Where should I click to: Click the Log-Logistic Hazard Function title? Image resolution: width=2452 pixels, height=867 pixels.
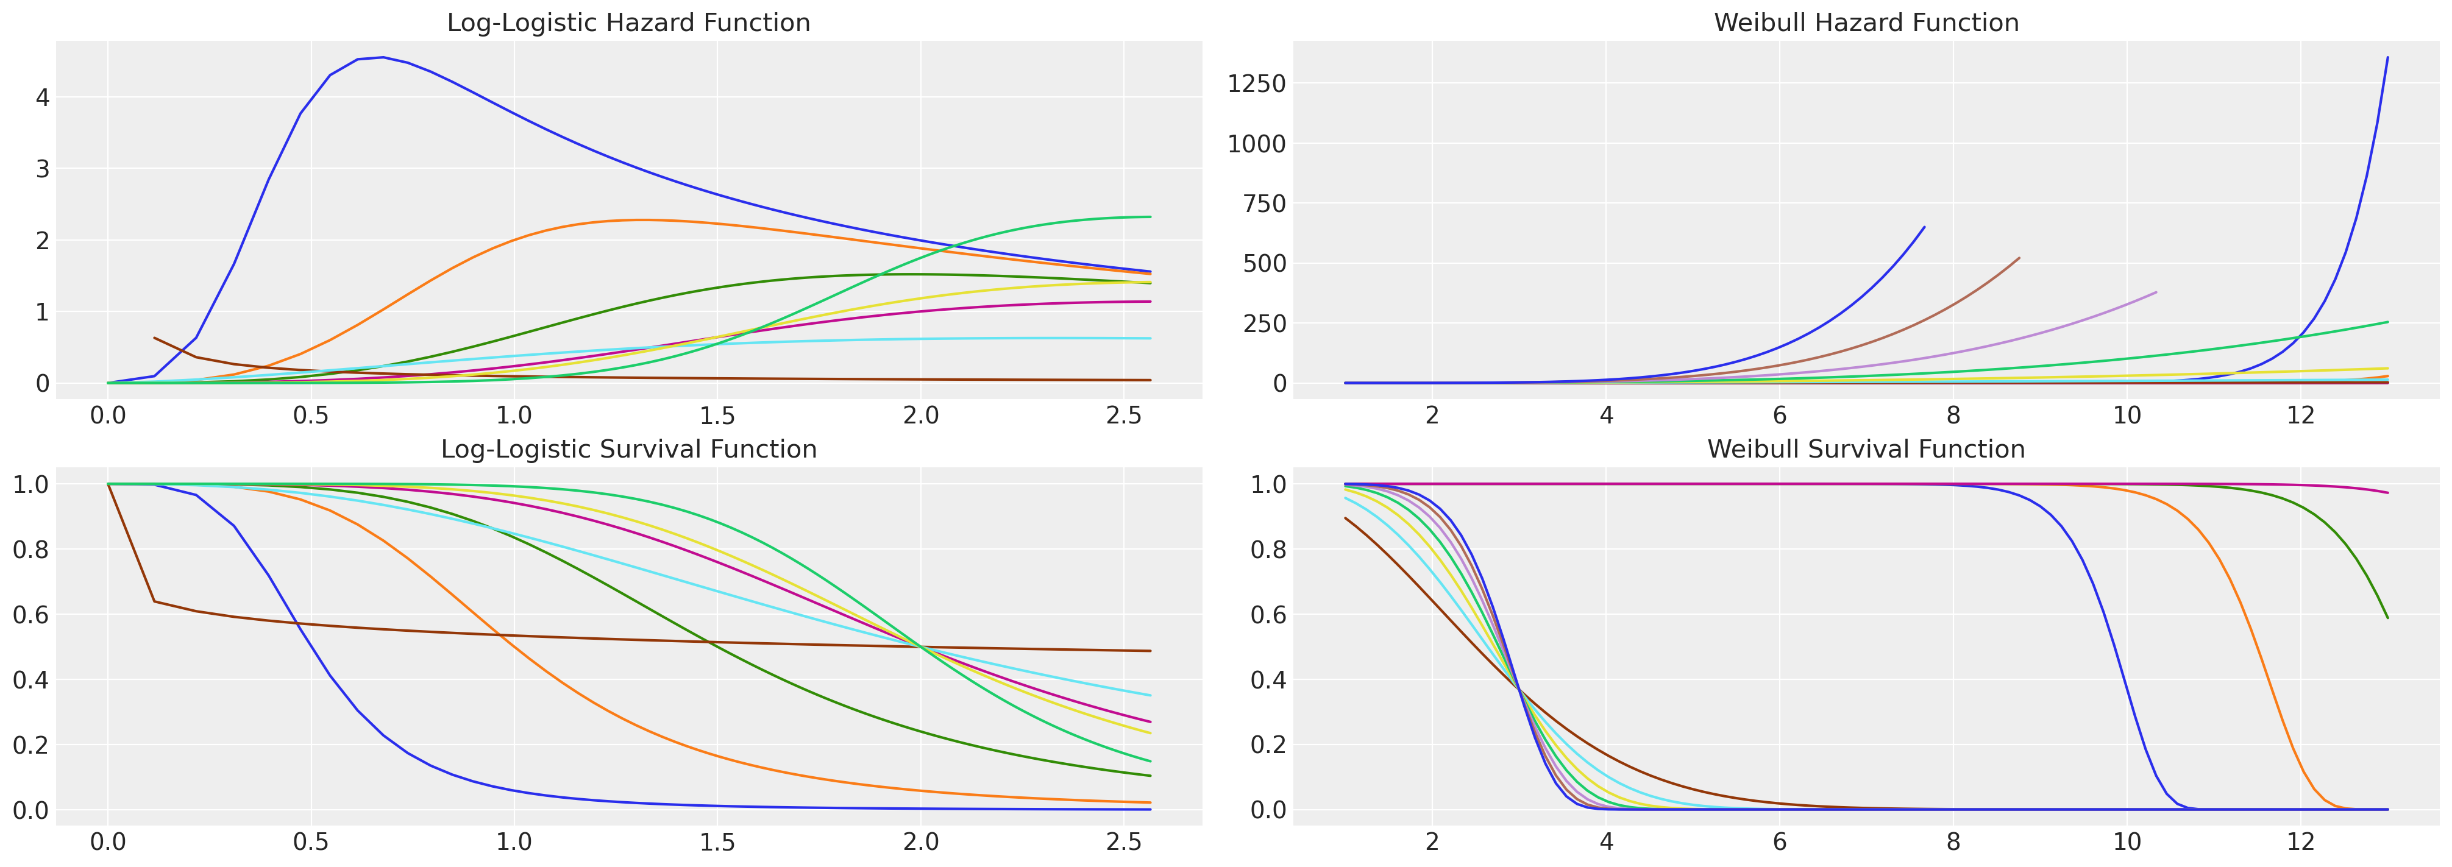(x=628, y=23)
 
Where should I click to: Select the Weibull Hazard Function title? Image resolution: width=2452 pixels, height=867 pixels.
(x=1866, y=23)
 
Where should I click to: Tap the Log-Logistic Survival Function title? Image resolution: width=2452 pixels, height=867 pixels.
(x=628, y=449)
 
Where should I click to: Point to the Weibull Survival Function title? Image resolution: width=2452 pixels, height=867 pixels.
(x=1866, y=449)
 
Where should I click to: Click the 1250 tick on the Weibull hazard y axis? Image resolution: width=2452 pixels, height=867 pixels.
(x=1256, y=83)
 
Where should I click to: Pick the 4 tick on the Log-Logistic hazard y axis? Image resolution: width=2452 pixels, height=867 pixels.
(x=43, y=97)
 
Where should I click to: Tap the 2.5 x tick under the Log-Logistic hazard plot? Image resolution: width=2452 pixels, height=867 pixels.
(x=1124, y=416)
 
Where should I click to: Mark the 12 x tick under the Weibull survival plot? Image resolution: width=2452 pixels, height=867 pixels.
(x=2301, y=842)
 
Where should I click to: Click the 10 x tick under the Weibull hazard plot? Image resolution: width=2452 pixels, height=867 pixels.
(x=2127, y=416)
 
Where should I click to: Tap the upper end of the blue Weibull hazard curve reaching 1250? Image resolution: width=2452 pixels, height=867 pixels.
(x=2387, y=57)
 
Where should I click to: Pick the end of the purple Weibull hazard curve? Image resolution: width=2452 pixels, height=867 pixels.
(x=2155, y=292)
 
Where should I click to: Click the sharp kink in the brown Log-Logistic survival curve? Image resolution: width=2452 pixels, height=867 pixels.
(x=154, y=601)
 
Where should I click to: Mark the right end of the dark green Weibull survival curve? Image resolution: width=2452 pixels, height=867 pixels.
(x=2387, y=618)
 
